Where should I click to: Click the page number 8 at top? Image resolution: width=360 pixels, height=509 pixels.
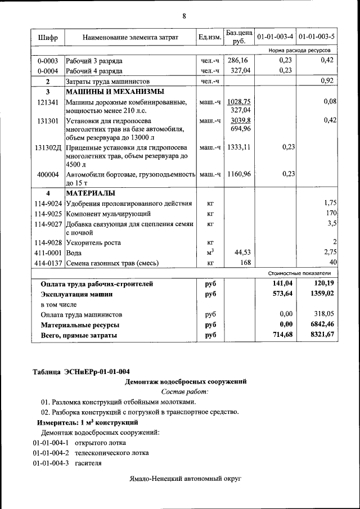183,15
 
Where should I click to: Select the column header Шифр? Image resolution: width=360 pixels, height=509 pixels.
48,38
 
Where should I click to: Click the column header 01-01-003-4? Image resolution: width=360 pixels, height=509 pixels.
275,38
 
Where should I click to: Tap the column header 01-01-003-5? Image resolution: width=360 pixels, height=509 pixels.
317,38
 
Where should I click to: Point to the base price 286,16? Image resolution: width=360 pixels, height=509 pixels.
240,60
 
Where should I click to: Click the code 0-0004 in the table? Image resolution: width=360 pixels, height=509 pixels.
48,70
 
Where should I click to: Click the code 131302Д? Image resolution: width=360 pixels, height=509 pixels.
48,147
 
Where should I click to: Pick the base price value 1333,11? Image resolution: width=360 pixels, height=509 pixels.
239,147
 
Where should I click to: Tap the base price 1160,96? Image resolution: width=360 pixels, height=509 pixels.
239,174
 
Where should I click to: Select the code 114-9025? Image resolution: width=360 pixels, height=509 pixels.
48,214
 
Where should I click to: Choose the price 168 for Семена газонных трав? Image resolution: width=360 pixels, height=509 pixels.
245,263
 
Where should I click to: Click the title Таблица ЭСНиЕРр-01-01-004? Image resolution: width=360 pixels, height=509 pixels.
82,371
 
